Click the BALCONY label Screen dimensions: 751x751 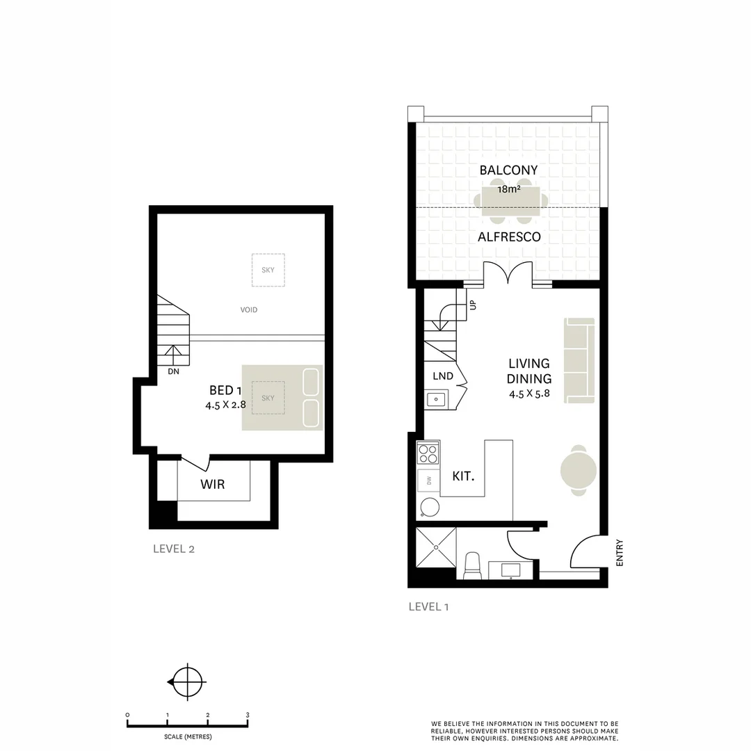click(508, 170)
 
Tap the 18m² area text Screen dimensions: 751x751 click(509, 188)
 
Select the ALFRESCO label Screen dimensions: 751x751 click(509, 237)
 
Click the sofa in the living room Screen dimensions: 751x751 click(580, 360)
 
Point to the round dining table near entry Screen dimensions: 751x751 click(579, 470)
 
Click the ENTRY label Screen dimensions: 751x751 click(620, 553)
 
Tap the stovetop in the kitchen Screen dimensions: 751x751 click(428, 454)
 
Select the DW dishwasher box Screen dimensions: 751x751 click(428, 481)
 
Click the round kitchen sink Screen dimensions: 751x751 click(430, 508)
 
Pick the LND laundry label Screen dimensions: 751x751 click(442, 376)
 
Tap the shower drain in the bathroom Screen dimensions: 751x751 click(436, 547)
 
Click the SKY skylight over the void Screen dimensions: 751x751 click(268, 270)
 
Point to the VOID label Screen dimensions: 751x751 click(249, 310)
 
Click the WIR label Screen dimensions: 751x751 click(213, 484)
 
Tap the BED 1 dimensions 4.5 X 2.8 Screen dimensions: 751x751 click(226, 405)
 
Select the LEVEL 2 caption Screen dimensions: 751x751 click(174, 549)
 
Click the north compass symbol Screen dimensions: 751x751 click(186, 682)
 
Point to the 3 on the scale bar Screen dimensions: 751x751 click(248, 715)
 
